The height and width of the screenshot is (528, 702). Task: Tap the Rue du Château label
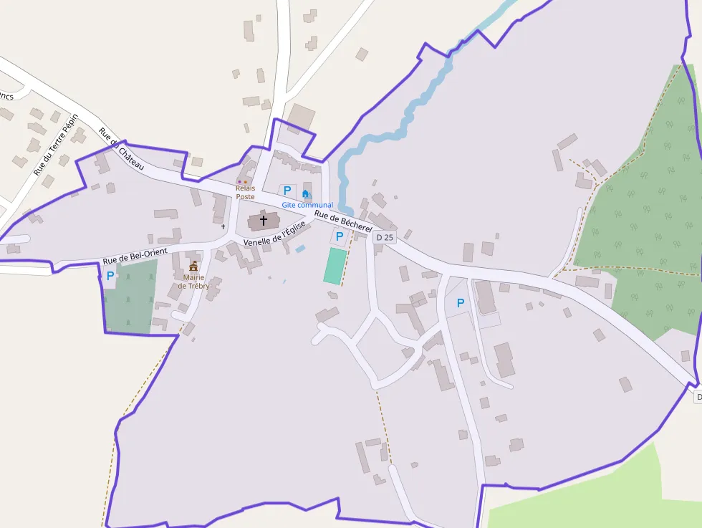(122, 150)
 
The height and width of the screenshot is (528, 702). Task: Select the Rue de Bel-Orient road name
(135, 256)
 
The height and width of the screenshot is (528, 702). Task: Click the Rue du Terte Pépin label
(55, 145)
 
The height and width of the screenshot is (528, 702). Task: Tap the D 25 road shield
(385, 237)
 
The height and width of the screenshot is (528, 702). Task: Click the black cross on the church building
(264, 221)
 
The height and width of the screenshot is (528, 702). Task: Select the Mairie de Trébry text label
(193, 282)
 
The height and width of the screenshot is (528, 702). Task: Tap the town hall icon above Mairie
(193, 266)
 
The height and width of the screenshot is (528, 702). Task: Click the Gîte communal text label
(307, 205)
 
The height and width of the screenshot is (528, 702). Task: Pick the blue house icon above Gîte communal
(306, 193)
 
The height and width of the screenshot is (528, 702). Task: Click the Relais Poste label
(245, 192)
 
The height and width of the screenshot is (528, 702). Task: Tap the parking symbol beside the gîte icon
(287, 191)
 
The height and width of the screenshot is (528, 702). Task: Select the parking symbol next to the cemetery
(110, 275)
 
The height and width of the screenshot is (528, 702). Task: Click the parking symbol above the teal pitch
(339, 236)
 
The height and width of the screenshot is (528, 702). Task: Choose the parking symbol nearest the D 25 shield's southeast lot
(460, 303)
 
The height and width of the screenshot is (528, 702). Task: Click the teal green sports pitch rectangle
(335, 266)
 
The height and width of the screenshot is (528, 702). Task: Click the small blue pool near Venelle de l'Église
(300, 249)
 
